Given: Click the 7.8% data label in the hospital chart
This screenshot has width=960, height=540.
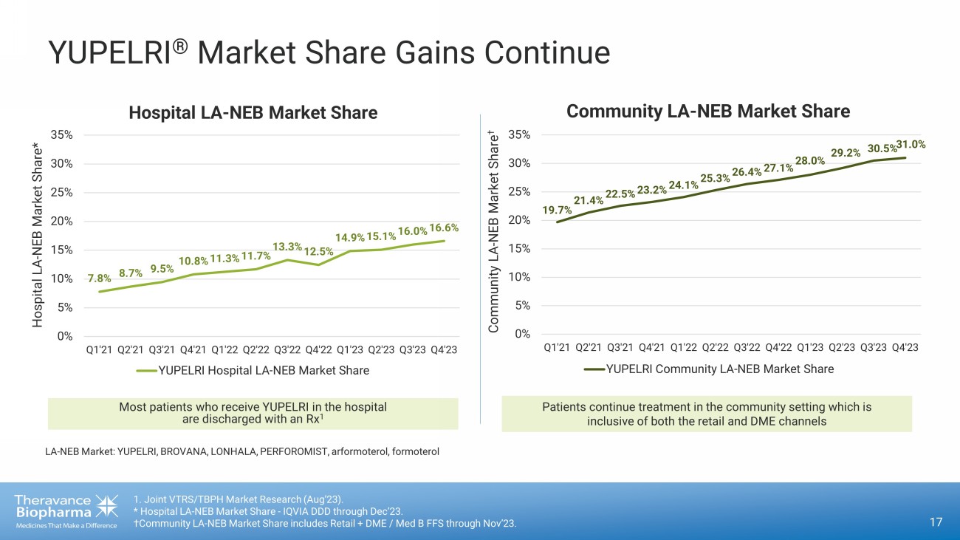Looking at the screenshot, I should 99,278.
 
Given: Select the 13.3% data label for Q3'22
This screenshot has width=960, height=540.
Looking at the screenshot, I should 287,246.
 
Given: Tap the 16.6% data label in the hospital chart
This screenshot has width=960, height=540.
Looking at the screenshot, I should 444,228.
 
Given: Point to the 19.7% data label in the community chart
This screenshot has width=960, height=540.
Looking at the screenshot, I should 557,210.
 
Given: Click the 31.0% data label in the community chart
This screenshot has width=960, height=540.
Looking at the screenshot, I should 911,146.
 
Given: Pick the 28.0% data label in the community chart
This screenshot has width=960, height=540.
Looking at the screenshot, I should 809,161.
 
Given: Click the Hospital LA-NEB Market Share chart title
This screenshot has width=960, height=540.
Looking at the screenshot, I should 253,113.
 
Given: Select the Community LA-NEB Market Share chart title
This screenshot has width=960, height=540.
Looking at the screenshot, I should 708,112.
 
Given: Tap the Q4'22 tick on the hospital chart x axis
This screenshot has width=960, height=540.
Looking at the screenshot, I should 318,350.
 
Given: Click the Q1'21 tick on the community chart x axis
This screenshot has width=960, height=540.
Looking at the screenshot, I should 557,347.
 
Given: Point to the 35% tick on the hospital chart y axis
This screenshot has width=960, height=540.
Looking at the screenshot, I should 61,134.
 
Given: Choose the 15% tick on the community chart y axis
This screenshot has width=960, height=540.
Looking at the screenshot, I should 520,248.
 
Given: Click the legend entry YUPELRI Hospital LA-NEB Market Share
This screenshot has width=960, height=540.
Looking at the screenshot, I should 264,370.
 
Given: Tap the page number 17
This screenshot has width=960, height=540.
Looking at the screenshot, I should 936,523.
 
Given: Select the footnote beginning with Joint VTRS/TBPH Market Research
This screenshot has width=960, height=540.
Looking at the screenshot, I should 238,498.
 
